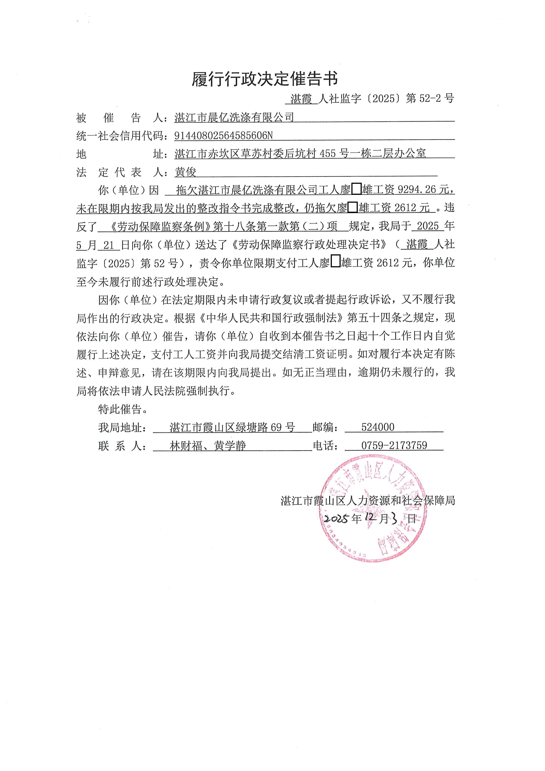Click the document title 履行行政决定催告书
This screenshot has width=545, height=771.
pos(265,79)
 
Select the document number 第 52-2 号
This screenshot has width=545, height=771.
pos(430,98)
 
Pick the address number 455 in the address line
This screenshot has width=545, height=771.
pos(327,154)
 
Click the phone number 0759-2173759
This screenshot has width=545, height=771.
pos(394,446)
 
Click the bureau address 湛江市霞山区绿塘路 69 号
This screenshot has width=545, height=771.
pos(232,427)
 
